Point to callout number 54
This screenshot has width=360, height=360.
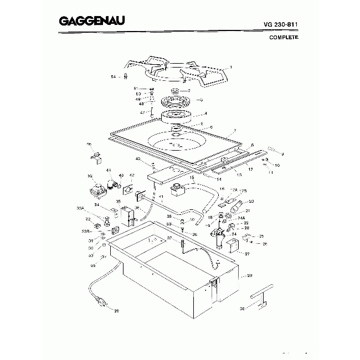[113, 76]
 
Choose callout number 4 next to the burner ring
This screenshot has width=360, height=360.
[205, 114]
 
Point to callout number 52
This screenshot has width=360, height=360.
[90, 176]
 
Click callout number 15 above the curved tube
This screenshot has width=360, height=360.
[193, 177]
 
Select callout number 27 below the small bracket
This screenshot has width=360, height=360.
[247, 254]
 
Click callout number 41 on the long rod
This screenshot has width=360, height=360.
[161, 197]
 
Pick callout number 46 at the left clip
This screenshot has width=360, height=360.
[89, 145]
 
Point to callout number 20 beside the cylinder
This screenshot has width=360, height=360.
[251, 201]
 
